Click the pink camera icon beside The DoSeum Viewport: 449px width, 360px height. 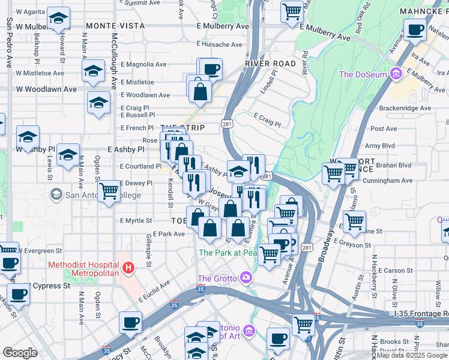click(x=395, y=75)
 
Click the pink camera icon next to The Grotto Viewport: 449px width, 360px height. click(x=245, y=278)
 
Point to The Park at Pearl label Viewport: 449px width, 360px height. click(x=228, y=253)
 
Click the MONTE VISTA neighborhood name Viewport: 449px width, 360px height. click(x=115, y=26)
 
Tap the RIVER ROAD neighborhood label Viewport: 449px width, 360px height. click(x=270, y=64)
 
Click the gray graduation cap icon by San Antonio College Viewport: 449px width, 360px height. click(x=56, y=194)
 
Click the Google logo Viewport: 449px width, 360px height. click(x=20, y=353)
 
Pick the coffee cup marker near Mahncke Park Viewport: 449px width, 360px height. click(x=415, y=30)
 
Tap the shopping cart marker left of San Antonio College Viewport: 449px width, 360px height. click(x=109, y=192)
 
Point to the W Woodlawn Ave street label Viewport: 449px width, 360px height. click(x=46, y=89)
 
